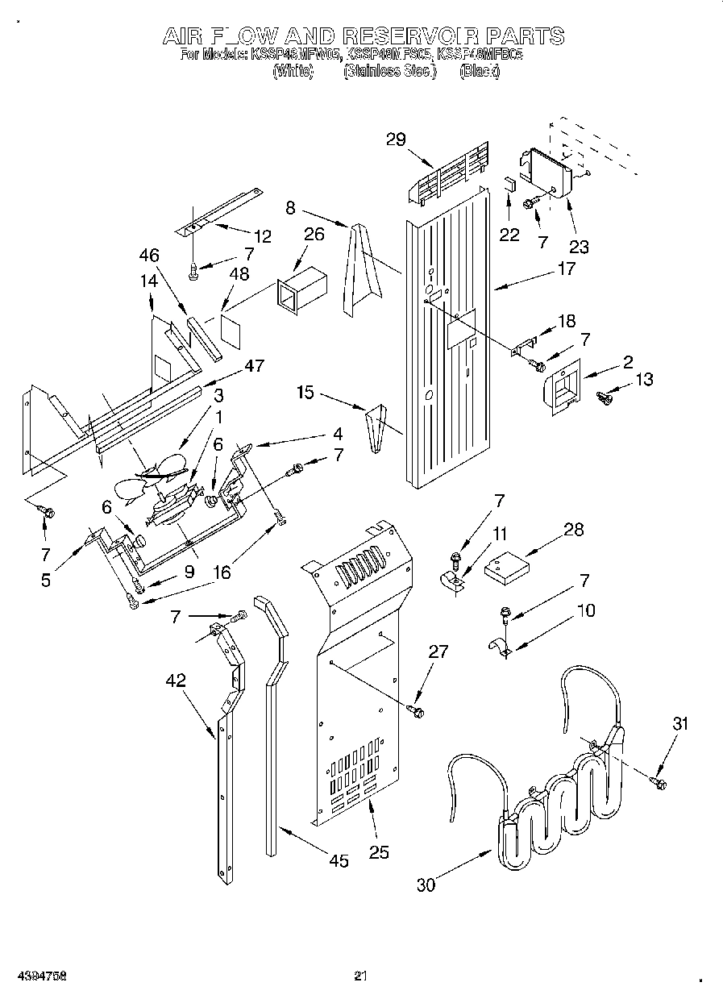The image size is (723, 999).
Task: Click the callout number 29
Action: pos(395,139)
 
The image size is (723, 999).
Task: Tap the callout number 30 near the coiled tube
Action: pos(426,885)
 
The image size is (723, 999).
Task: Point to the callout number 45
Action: pos(339,862)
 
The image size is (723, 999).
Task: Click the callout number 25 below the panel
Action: pos(378,852)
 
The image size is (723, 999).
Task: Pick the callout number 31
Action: pos(681,724)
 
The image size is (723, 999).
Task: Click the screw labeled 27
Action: pos(417,710)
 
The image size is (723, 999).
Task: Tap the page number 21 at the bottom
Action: pos(361,976)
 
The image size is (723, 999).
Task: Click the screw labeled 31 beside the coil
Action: pos(656,780)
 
